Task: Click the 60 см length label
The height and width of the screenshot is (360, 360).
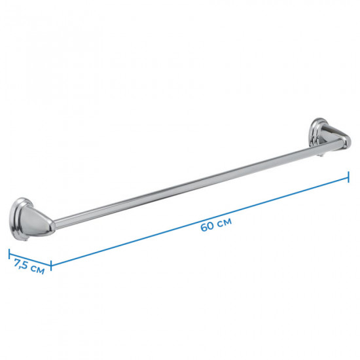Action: [x=216, y=225]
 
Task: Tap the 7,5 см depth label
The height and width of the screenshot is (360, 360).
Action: [x=29, y=266]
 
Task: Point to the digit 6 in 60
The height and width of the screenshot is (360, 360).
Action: [x=204, y=228]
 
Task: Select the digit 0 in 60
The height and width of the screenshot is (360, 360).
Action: [x=211, y=225]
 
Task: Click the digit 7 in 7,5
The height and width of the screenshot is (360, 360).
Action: [x=18, y=262]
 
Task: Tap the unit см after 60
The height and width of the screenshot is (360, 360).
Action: [x=225, y=222]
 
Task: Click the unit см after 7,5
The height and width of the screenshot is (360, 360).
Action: [x=37, y=269]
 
